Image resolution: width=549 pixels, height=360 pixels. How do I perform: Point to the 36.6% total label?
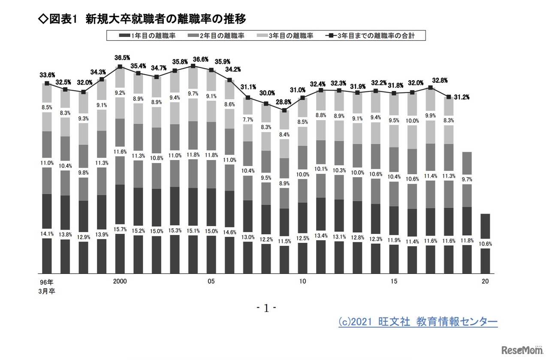click(193, 59)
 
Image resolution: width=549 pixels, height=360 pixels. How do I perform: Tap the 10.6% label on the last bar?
click(485, 244)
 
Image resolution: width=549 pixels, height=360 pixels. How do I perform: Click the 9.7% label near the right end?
click(467, 179)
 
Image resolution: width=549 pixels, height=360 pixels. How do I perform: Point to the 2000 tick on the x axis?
click(120, 281)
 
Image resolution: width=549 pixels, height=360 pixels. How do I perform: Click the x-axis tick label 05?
click(211, 281)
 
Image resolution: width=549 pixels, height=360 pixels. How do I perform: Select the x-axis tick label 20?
click(485, 281)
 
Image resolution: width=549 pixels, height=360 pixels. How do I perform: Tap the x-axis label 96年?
click(47, 282)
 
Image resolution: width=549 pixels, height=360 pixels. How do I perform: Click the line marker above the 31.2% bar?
click(449, 97)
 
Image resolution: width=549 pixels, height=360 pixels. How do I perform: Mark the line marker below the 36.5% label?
click(120, 67)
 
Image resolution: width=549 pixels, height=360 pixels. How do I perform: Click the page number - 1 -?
click(266, 308)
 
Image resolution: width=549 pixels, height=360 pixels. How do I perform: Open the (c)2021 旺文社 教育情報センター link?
click(418, 322)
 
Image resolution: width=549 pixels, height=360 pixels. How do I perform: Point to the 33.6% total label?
click(47, 75)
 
